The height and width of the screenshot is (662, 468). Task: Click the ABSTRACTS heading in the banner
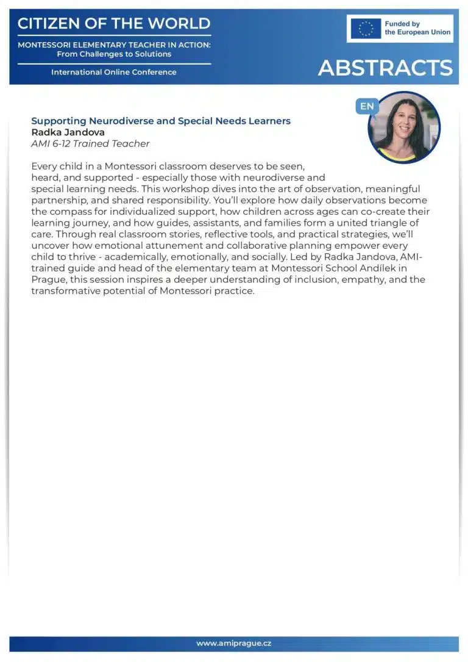coord(385,68)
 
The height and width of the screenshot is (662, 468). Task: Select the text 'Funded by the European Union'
coord(417,28)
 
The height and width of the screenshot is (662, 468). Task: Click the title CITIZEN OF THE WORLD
coord(114,24)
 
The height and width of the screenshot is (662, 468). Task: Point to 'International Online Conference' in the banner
coord(114,72)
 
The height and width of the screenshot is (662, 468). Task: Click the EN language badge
coord(367,106)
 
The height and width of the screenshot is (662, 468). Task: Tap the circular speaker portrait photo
coord(404,128)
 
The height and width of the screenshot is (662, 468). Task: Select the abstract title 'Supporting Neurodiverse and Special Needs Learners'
coord(161,121)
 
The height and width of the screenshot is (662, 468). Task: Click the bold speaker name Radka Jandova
coord(68,132)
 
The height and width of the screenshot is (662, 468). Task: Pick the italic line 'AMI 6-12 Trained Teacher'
coord(90,144)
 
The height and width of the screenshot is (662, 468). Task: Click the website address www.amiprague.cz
coord(234,644)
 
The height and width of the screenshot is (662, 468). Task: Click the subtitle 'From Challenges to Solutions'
coord(114,54)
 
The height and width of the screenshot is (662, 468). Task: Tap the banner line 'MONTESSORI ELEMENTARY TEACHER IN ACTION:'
coord(114,45)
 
